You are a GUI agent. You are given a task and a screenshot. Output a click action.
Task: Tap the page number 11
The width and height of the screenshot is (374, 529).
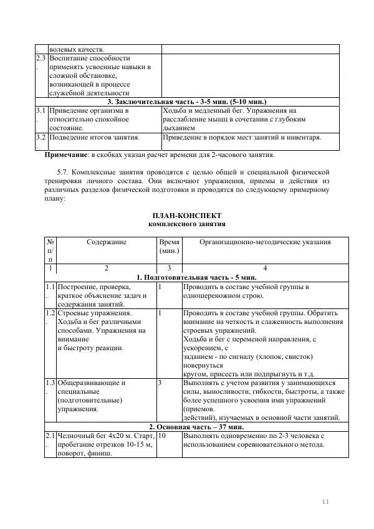coord(325,502)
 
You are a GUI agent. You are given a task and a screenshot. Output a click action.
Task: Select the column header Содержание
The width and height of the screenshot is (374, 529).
coord(107,242)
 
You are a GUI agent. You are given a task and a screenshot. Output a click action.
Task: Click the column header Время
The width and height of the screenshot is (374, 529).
coord(169,242)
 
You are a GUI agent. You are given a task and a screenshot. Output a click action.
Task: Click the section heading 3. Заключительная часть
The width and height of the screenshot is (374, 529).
coord(187,101)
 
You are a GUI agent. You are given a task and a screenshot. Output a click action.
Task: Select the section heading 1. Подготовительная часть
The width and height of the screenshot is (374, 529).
coord(187,277)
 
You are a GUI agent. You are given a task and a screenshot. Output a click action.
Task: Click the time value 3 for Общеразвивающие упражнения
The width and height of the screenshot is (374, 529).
coord(161,383)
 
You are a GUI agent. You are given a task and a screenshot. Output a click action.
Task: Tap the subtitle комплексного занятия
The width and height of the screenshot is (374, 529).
coord(186,224)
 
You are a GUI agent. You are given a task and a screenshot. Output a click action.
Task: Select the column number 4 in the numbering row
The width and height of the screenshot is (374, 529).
coord(264,268)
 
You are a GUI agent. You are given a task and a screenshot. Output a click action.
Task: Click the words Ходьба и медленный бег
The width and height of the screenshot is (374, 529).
coord(201,110)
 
